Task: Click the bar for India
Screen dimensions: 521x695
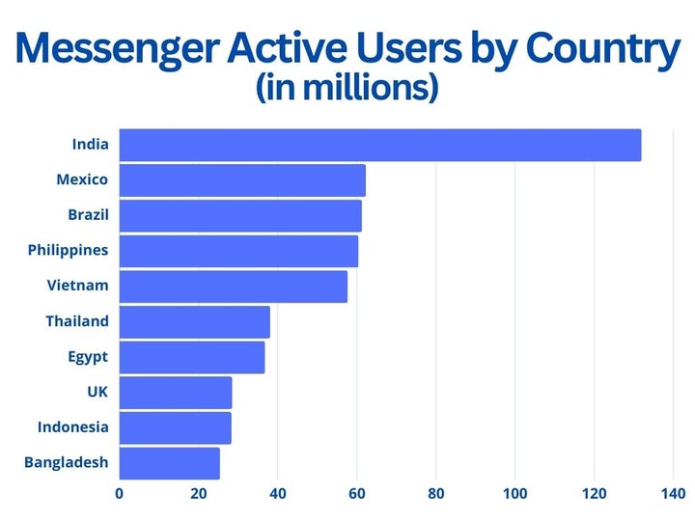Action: coord(379,145)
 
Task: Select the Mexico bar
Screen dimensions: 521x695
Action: coord(242,180)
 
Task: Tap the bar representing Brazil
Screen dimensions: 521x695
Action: coord(240,215)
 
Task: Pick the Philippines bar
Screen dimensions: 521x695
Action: coord(238,251)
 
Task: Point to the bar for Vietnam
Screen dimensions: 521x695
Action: coord(233,287)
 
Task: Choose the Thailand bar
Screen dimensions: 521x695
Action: coord(194,321)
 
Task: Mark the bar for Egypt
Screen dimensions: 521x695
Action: coord(191,357)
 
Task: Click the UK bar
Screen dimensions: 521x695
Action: coord(176,393)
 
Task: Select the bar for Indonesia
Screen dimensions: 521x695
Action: coord(175,427)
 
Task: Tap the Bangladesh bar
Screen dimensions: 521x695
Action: coord(169,463)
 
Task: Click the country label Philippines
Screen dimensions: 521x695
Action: coord(68,250)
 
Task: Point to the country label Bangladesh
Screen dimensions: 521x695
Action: coord(66,462)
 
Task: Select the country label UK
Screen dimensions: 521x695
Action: coord(97,392)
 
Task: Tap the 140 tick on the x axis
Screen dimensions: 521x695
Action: coord(672,494)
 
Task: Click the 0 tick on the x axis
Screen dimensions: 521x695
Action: coord(120,494)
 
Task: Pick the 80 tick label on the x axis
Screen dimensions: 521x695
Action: coord(435,494)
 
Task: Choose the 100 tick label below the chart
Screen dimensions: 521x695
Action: coord(514,494)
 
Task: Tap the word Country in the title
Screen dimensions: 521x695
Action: coord(589,50)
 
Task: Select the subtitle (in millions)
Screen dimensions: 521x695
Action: coord(347,89)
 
